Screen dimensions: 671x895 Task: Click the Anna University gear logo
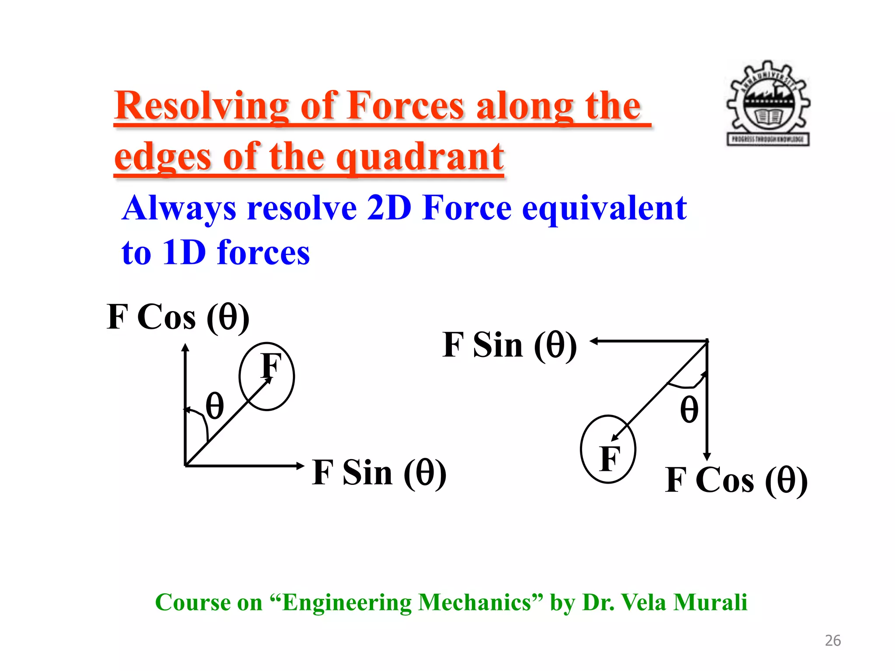coord(768,103)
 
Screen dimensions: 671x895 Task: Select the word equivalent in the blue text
coord(604,209)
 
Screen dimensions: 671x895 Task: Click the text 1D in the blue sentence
coord(184,253)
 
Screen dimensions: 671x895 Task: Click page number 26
coord(833,640)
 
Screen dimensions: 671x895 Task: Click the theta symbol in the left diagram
coord(215,406)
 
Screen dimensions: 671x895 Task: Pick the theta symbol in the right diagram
coord(689,410)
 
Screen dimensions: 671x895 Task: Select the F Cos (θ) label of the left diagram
coord(178,317)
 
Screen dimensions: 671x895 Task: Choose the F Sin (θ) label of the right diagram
coord(509,345)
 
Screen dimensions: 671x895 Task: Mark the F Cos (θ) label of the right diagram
coord(736,481)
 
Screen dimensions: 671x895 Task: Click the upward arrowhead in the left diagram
coord(185,347)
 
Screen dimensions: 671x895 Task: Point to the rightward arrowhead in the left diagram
coord(300,466)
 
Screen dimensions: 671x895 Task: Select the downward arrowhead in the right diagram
coord(707,457)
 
